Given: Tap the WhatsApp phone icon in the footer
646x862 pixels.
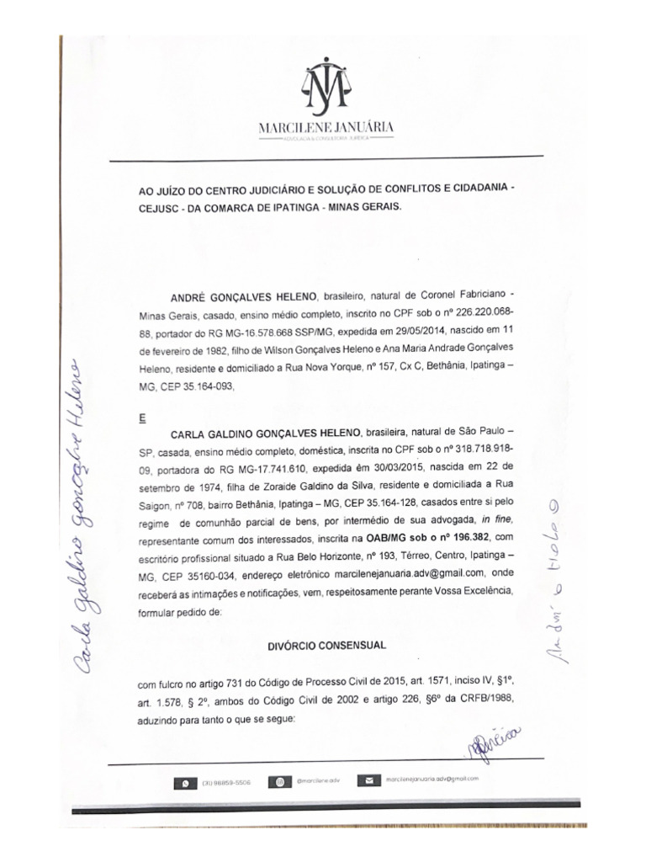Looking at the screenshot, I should tap(185, 783).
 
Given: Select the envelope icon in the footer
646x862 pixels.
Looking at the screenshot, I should tap(368, 781).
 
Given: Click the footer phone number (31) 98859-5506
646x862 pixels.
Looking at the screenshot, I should tap(226, 783).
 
